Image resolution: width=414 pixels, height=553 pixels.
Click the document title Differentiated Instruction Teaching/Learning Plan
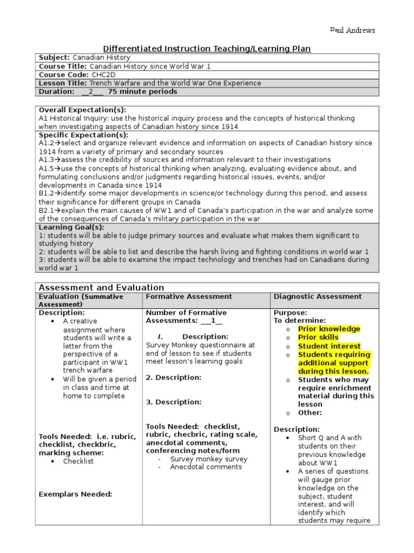pos(206,49)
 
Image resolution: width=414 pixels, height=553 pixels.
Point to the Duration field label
pos(57,92)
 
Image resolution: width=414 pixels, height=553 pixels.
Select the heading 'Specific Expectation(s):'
pos(84,134)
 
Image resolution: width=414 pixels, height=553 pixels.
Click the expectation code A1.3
pos(46,160)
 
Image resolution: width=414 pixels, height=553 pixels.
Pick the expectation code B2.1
pos(46,210)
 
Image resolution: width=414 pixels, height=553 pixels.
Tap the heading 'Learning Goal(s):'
pos(71,227)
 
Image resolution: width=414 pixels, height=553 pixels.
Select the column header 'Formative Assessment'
pos(189,296)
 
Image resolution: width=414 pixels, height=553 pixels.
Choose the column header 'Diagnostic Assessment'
pos(318,296)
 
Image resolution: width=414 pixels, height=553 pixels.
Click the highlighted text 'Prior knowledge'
pos(329,329)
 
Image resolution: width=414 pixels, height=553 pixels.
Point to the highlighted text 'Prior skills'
pos(318,338)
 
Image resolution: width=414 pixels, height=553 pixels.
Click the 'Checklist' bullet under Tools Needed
pos(78,461)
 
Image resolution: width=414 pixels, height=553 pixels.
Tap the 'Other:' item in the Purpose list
pos(310,413)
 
